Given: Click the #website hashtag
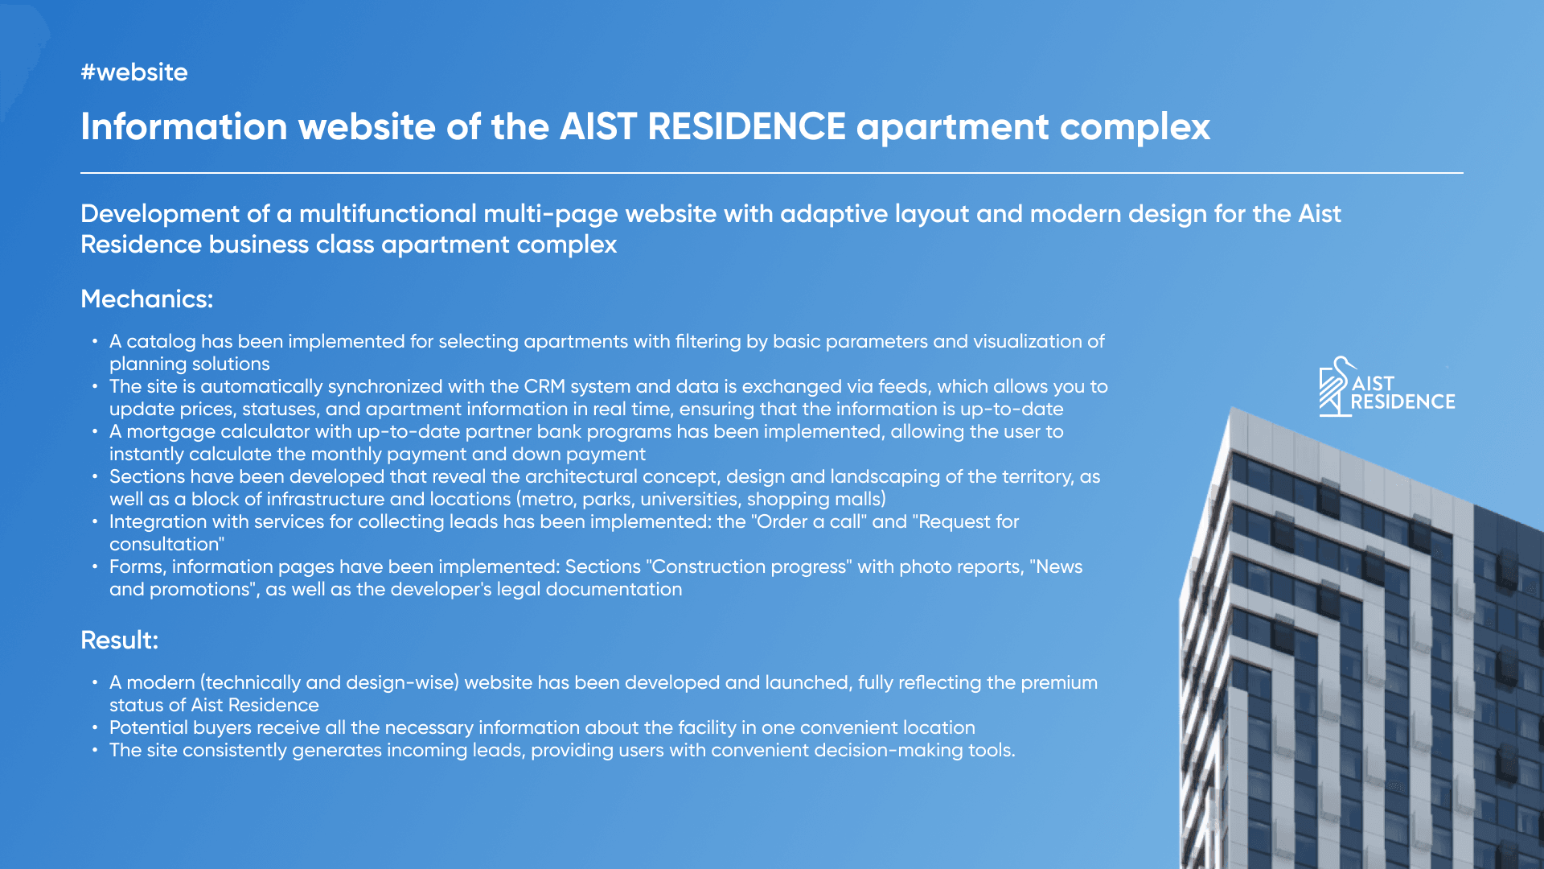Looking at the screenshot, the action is [x=134, y=72].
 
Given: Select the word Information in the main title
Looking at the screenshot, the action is [x=184, y=126].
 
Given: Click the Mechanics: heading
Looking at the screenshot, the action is [x=147, y=299].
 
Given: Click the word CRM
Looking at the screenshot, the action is [x=545, y=386].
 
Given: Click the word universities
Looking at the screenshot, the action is [x=688, y=499].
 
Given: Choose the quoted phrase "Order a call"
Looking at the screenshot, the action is [x=809, y=521].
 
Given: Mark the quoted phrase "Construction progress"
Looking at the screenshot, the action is [x=746, y=567].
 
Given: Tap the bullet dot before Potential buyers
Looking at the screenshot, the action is [x=95, y=727].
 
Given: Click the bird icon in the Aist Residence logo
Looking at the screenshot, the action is [x=1334, y=387].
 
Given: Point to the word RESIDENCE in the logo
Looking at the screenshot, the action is [x=1403, y=402].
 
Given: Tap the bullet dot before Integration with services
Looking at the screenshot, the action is [x=95, y=521].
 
